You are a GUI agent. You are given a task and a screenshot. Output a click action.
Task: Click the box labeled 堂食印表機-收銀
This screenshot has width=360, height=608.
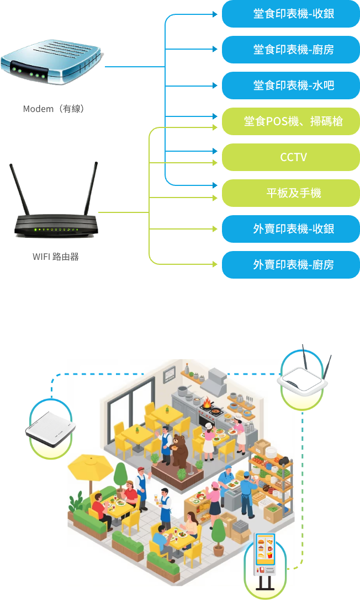coord(291,14)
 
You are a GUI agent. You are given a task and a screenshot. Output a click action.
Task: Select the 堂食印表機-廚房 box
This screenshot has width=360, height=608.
coord(291,50)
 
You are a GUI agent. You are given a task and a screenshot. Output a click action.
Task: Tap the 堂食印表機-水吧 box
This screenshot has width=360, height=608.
coord(291,86)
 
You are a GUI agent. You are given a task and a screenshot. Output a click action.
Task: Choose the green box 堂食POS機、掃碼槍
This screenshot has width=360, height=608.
coord(291,121)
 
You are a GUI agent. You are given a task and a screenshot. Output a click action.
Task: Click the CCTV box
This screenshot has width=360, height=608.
coord(291,157)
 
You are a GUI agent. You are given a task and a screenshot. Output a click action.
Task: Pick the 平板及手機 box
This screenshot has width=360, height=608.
coord(291,193)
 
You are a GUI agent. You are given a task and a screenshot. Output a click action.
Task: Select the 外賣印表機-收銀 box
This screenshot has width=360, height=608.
coord(291,229)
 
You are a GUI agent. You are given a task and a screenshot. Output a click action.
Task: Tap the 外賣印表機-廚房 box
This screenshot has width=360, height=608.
coord(291,265)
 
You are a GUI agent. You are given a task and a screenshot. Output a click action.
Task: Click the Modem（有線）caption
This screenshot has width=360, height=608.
coord(54,109)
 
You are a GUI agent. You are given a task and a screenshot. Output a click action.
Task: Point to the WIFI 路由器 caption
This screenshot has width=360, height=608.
coord(56,257)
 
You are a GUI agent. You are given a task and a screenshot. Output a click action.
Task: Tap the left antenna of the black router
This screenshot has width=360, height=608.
coord(19,189)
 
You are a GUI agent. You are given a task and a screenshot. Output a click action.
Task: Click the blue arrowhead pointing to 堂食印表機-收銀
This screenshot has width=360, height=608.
coord(215,14)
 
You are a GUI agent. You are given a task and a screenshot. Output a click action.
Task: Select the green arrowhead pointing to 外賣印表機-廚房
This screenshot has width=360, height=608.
coord(215,264)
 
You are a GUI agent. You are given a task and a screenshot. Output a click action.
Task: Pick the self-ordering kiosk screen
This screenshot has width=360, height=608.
coord(266,548)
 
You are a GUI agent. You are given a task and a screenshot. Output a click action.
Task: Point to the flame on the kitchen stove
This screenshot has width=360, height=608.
coord(207,403)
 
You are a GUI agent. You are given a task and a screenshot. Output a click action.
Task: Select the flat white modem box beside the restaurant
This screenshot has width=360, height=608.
coord(50,429)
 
